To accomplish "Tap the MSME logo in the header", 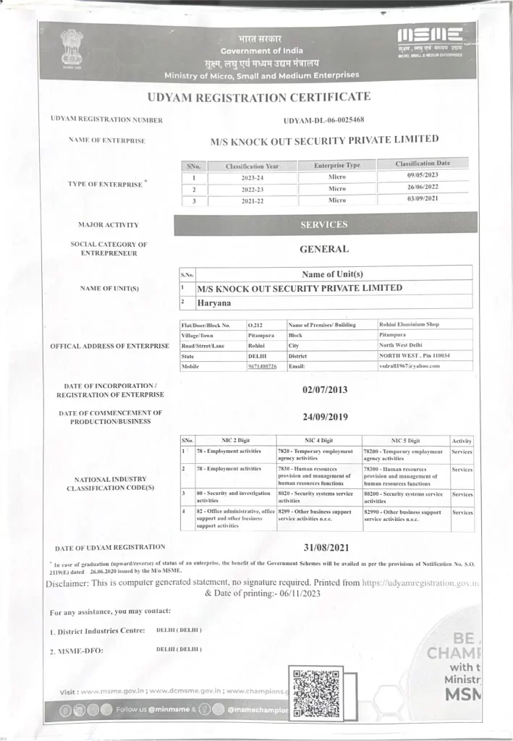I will (430, 35).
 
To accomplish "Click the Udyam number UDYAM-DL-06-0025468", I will (324, 119).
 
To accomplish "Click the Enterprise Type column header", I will (337, 165).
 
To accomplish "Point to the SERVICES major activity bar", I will (325, 224).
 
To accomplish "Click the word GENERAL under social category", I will (324, 249).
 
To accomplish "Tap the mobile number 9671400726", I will (262, 366).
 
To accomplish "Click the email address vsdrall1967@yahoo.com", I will (409, 366).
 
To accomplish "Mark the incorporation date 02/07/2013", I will (324, 389).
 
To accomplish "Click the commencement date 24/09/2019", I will (324, 417).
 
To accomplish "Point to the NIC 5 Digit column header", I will (405, 440).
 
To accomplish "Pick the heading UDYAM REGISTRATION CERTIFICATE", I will (258, 96).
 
